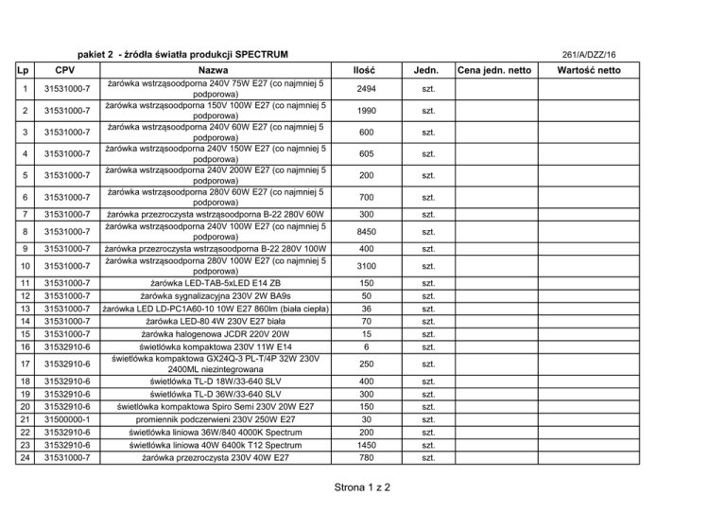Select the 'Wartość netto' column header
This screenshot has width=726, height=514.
[x=589, y=70]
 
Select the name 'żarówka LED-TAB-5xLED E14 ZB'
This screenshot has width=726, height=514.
[x=216, y=283]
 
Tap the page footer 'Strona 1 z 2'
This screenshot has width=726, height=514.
[x=362, y=489]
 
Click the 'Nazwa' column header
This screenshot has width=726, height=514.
[x=216, y=70]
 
